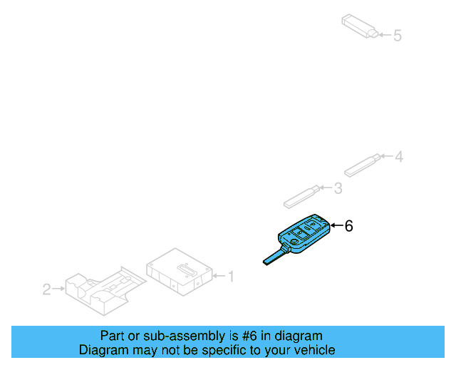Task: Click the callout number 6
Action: click(348, 226)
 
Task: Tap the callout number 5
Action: click(398, 34)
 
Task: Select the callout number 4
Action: click(399, 156)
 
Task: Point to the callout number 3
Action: click(338, 188)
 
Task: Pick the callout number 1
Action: click(229, 275)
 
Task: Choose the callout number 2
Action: click(46, 289)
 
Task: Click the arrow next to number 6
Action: click(336, 226)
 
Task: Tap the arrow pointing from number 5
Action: click(384, 34)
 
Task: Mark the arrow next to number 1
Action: click(218, 275)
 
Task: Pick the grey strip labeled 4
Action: click(363, 165)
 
